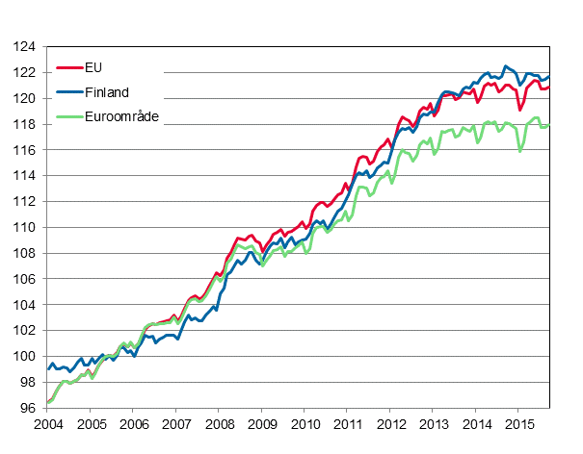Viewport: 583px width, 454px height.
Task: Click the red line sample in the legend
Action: [69, 67]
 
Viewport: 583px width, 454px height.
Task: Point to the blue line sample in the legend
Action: [69, 92]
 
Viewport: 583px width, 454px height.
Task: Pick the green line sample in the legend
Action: [69, 116]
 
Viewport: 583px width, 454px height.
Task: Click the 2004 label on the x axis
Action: [48, 424]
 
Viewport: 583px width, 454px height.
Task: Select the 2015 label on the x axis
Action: [519, 424]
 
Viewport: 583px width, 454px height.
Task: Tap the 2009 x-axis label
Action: [262, 424]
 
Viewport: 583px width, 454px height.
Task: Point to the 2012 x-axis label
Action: [390, 424]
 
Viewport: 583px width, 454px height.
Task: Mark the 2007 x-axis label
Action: [176, 424]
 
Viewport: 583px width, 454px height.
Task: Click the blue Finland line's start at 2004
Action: [48, 369]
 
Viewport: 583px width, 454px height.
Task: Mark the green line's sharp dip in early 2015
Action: [520, 151]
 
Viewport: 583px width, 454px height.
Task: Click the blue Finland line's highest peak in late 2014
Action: [506, 66]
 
